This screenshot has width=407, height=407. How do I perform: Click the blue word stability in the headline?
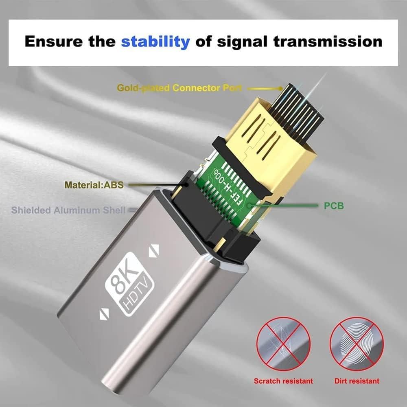tap(155, 41)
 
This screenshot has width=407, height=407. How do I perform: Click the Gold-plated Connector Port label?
tap(179, 88)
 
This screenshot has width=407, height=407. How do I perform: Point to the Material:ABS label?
tap(94, 185)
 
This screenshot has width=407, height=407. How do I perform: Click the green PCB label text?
tap(334, 206)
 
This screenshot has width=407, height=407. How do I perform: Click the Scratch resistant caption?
tap(283, 381)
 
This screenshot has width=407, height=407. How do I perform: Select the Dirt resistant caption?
tap(357, 381)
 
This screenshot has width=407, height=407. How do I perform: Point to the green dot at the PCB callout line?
tap(256, 205)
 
